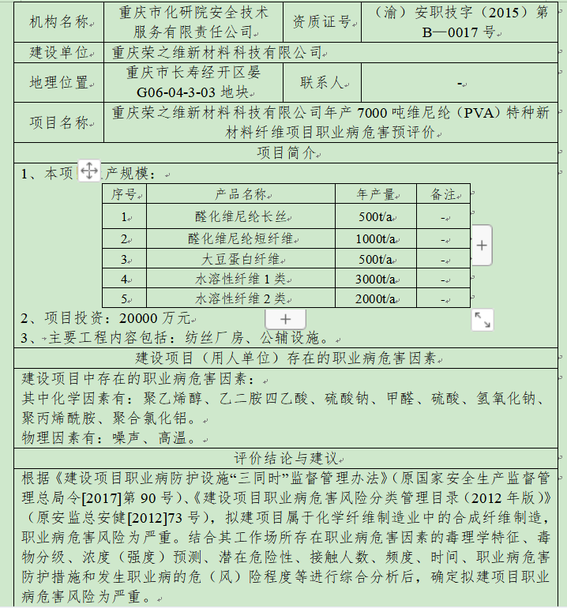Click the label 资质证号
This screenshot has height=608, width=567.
click(321, 22)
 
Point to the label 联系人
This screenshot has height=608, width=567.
click(321, 82)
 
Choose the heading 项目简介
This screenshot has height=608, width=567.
click(285, 152)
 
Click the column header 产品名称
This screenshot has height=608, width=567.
click(241, 194)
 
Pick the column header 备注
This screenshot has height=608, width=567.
click(443, 194)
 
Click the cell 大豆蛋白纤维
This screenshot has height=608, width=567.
click(240, 259)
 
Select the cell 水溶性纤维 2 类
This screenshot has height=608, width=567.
click(240, 298)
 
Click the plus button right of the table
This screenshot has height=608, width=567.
click(482, 246)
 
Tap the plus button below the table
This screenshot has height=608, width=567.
click(286, 318)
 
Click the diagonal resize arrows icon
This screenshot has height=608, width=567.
click(482, 319)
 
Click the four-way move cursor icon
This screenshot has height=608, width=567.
click(88, 171)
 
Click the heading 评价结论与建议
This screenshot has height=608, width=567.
click(285, 459)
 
